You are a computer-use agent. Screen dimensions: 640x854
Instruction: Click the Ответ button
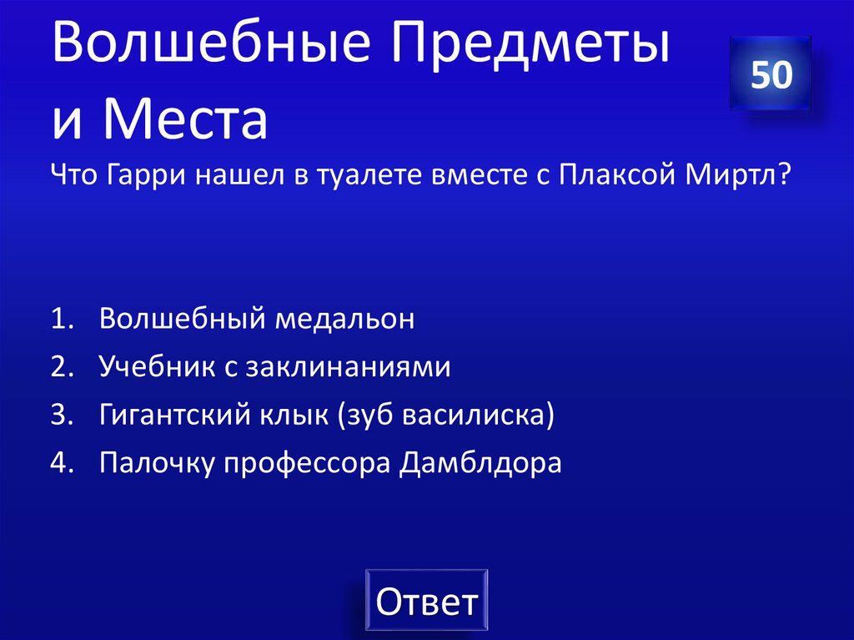tap(426, 602)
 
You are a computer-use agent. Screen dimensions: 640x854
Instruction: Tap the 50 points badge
tap(771, 74)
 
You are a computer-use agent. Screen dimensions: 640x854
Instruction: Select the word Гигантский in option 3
tap(174, 416)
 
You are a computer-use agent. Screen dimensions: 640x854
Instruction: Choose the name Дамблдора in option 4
tap(481, 464)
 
